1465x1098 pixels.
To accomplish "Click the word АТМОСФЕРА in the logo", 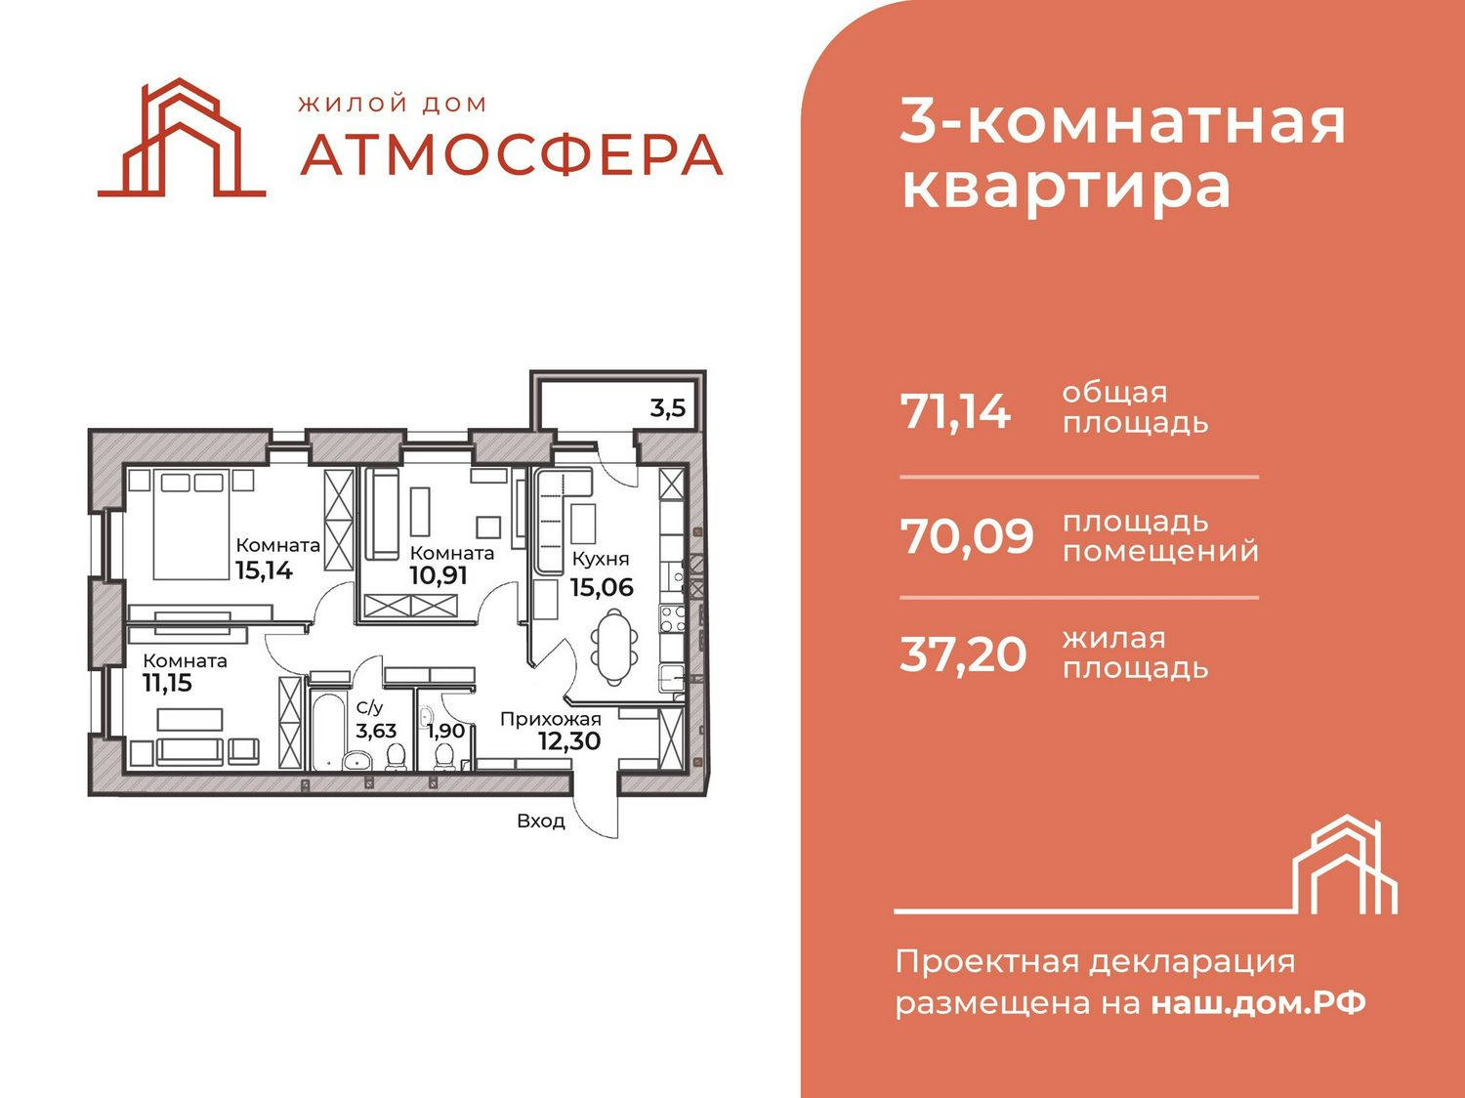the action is pos(512,155).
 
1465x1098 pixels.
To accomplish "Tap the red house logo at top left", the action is pos(182,138).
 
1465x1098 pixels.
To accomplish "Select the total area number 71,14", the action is pos(956,412).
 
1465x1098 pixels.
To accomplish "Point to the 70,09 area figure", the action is pos(967,536).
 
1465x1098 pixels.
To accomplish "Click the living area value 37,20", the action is pos(963,655).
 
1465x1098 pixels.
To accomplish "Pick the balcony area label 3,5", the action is pos(668,407).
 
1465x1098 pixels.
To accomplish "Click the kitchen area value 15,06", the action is pos(602,587).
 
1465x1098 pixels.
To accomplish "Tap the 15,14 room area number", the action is pos(265,570).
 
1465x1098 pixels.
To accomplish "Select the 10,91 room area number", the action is pos(439,574).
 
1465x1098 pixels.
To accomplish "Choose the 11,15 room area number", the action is pos(168,683).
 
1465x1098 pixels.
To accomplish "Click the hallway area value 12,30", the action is pos(570,740).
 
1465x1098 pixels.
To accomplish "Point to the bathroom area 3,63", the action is pos(376,731).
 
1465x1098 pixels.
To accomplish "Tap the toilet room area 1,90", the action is pos(445,731).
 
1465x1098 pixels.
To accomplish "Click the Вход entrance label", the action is pos(541,821).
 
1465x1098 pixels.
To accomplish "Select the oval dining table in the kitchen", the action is pos(613,646).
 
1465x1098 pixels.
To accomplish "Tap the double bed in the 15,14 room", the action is pos(191,524).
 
